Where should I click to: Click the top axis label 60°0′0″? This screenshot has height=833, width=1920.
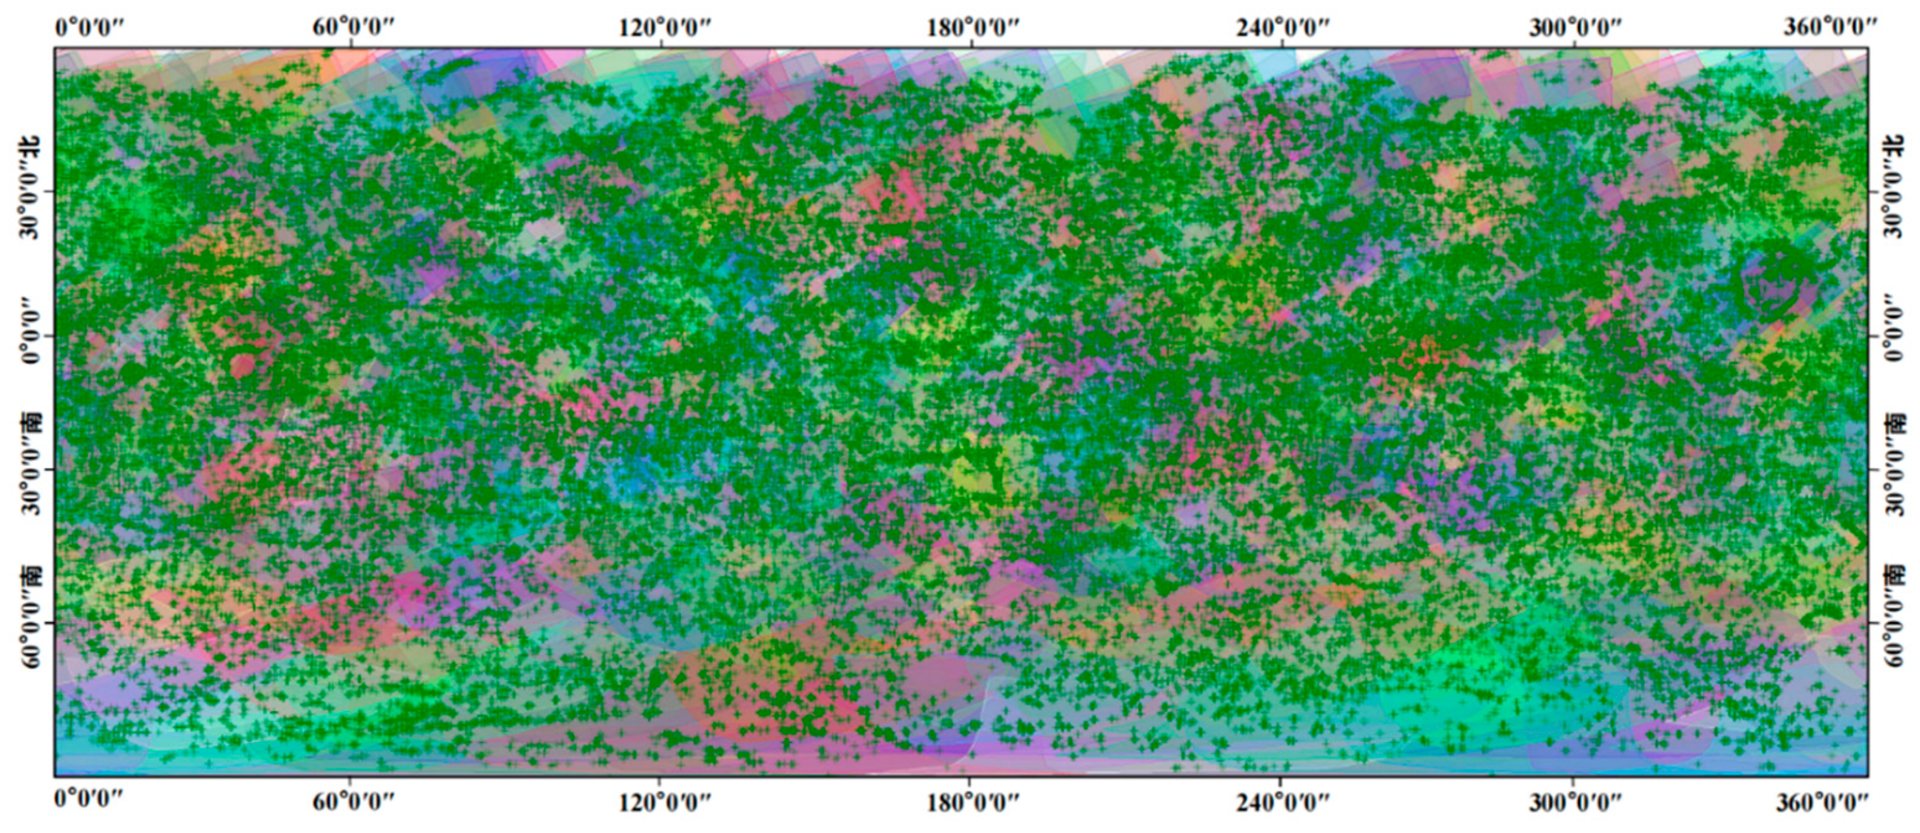(x=353, y=28)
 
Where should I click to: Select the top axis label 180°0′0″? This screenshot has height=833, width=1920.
(x=973, y=28)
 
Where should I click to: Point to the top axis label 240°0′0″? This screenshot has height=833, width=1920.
(x=1283, y=28)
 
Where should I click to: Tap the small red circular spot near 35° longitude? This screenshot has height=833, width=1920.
(x=242, y=366)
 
